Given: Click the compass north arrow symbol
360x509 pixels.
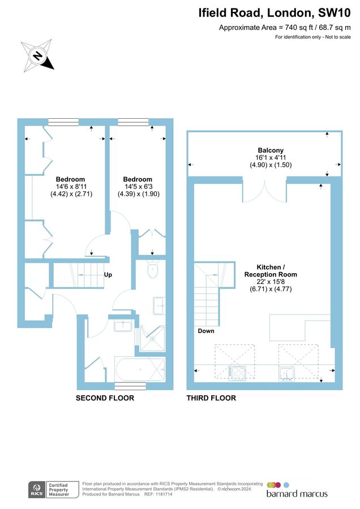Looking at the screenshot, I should coord(37,55).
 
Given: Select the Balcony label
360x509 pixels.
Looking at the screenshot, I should coord(266,151).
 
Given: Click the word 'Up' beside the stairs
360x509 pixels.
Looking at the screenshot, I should coord(108,275).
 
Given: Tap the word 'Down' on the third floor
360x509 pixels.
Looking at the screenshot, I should coord(206,331).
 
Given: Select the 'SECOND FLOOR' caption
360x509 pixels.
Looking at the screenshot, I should coord(105,398).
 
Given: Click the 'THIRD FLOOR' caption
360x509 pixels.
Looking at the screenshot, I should coord(211,398).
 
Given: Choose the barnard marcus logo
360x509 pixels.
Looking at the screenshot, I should coord(296,490).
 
